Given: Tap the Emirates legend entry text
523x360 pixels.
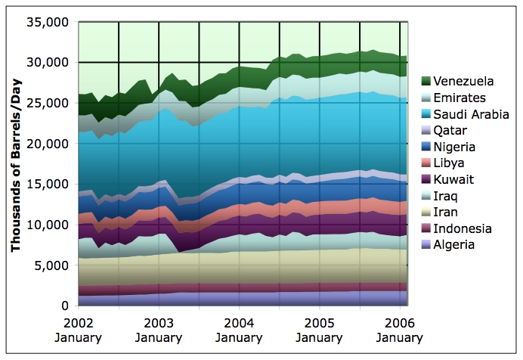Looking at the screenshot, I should [x=459, y=98].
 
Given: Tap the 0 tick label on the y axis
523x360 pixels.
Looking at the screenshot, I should [x=66, y=306].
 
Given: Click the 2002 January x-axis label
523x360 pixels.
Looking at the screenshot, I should [x=79, y=331].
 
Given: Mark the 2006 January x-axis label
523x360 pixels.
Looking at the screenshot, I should [x=399, y=331].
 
